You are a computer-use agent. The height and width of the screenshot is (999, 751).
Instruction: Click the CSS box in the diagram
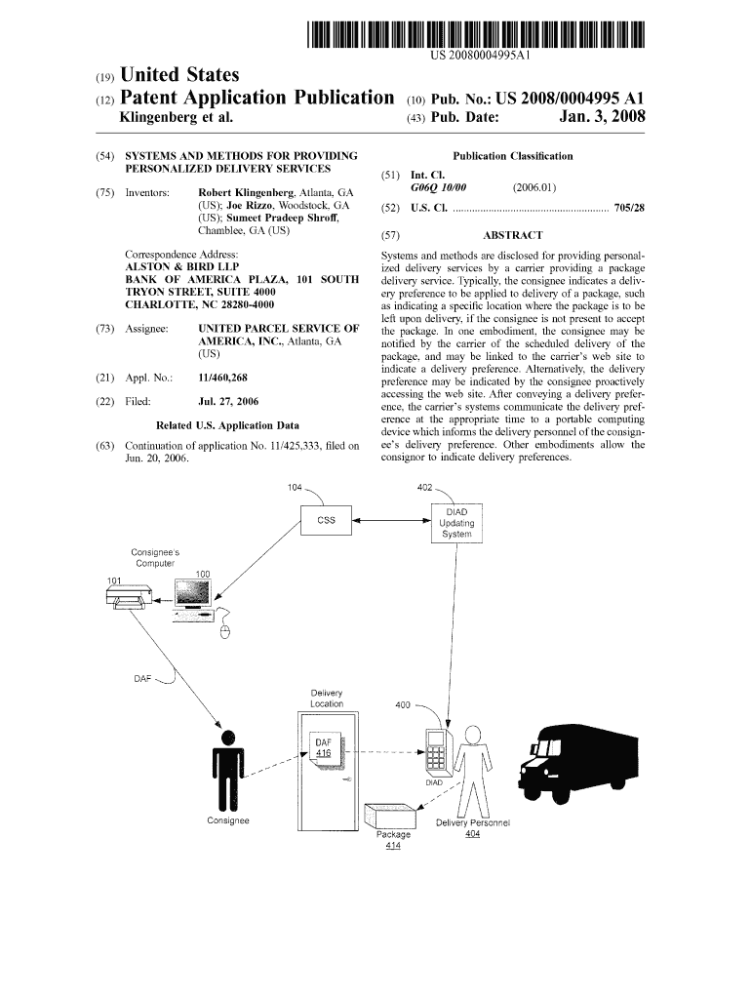[326, 521]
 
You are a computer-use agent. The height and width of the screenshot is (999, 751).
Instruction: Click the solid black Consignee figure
[227, 770]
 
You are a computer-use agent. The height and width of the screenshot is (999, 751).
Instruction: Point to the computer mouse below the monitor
[225, 629]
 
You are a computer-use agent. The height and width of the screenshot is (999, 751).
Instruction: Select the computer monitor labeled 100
[192, 596]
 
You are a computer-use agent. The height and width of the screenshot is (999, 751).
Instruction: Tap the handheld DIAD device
[434, 752]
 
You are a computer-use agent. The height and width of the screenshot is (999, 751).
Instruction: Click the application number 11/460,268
[222, 377]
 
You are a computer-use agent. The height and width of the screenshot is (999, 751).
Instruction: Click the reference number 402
[425, 487]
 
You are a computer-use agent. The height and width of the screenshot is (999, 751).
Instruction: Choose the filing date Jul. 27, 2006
[228, 401]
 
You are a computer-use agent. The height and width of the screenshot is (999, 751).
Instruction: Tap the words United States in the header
[178, 75]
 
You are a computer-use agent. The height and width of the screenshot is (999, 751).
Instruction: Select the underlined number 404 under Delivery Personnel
[472, 834]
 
